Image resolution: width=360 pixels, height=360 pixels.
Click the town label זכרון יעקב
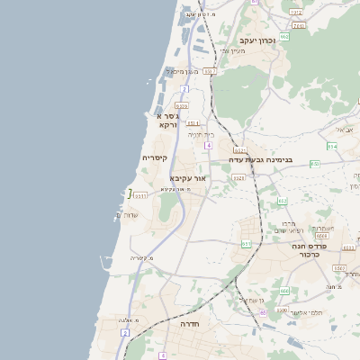tap(257, 40)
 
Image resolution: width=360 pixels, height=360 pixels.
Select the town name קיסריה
tap(155, 157)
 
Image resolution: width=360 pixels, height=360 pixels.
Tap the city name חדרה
tap(188, 323)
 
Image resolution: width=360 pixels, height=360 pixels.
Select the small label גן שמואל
tap(249, 300)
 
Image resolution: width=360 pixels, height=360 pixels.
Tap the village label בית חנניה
tap(200, 133)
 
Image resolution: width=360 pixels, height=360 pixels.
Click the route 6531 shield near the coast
tap(140, 194)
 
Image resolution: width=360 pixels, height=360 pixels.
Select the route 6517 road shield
tap(210, 71)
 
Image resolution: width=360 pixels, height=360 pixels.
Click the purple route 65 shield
tap(263, 312)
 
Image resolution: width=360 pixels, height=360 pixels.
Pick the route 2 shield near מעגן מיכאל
tap(184, 89)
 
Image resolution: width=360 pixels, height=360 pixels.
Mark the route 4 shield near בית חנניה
tap(208, 144)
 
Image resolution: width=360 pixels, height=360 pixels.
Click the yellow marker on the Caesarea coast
tap(130, 193)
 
